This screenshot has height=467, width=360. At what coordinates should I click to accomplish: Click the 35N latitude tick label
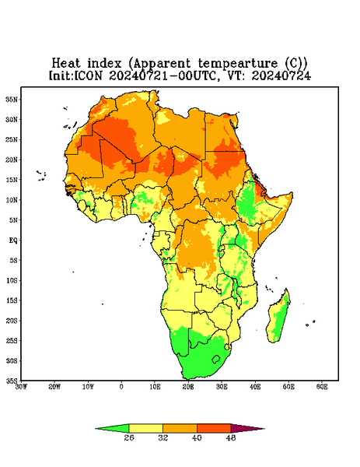tap(12, 100)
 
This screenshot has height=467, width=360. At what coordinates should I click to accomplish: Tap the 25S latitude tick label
tap(12, 341)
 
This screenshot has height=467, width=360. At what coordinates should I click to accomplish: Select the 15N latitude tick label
tap(12, 180)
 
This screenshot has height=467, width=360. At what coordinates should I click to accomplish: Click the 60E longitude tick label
tap(322, 387)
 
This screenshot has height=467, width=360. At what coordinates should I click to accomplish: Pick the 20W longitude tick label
tap(54, 387)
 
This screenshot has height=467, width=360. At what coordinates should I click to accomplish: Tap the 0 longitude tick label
tap(121, 387)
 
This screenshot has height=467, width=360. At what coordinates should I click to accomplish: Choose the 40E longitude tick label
tap(255, 387)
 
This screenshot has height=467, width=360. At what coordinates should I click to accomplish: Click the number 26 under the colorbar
tap(129, 437)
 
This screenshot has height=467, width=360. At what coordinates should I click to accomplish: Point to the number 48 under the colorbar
tap(231, 437)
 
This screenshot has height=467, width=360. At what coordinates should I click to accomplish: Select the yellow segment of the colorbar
tap(145, 429)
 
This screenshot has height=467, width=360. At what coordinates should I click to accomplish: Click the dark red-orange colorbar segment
tap(214, 429)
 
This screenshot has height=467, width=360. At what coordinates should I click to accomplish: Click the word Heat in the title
tap(66, 63)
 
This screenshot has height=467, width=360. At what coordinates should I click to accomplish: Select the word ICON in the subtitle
tap(88, 75)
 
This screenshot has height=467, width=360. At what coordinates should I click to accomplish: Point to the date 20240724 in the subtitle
tap(281, 75)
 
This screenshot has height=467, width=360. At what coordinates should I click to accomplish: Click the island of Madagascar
tap(279, 318)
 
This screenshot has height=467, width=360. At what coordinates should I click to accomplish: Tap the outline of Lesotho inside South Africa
tap(216, 359)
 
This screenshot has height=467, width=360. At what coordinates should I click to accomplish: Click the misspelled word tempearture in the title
tap(238, 64)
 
